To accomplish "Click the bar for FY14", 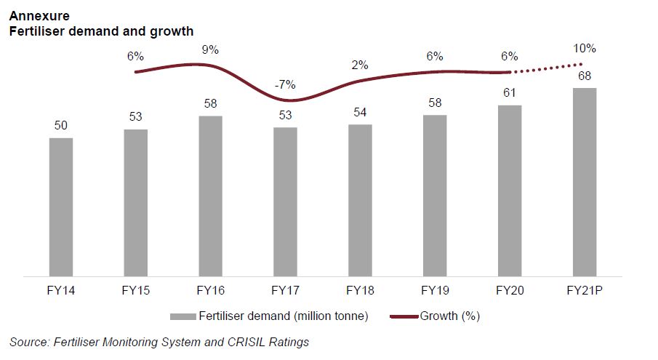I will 61,207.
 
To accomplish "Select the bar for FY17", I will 285,202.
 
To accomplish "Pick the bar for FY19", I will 435,196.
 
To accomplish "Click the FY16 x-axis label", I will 210,291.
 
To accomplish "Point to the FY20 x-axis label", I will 510,291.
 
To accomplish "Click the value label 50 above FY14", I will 61,126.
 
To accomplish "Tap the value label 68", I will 585,76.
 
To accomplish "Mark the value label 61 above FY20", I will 510,93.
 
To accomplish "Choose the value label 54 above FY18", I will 360,113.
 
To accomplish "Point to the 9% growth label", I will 211,49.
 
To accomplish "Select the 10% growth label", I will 585,49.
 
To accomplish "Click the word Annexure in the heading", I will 35,15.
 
